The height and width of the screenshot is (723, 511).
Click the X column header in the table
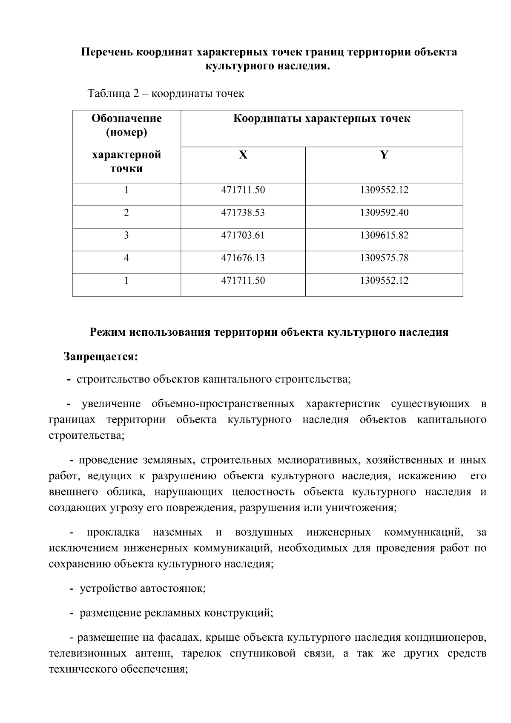click(243, 155)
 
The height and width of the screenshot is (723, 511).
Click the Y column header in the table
click(384, 155)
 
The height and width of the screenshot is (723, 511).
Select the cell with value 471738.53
click(243, 212)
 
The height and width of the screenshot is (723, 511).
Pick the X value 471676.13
click(243, 258)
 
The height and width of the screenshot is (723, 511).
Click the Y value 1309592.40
click(384, 212)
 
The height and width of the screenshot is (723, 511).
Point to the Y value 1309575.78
click(384, 258)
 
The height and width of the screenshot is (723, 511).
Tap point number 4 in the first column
click(126, 258)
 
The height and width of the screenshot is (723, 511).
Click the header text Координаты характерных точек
click(322, 118)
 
